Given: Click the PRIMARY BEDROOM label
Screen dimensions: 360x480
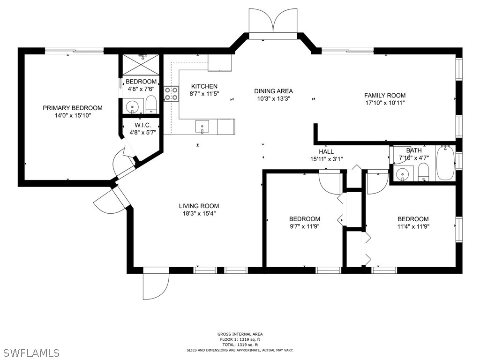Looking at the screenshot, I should click(x=72, y=108).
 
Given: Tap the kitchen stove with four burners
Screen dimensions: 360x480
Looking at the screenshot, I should click(x=171, y=94).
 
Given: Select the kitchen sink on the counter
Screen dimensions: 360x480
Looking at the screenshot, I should click(x=202, y=126).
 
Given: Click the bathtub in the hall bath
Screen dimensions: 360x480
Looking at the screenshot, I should click(x=445, y=163).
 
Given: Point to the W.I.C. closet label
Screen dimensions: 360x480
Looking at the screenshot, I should click(x=142, y=125).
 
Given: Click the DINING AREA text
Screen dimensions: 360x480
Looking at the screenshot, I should click(x=273, y=91).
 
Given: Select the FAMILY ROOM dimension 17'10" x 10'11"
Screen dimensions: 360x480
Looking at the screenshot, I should click(x=384, y=103).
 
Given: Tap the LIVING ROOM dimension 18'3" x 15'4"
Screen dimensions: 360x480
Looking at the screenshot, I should click(x=199, y=213).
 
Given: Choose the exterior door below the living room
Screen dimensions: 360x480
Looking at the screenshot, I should click(x=156, y=284).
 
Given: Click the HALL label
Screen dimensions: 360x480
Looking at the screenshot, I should click(x=326, y=151).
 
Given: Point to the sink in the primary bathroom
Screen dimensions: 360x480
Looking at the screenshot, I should click(x=133, y=106).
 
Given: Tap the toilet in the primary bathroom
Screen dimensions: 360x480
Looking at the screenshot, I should click(x=151, y=105).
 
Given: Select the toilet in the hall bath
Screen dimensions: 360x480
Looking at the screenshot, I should click(x=423, y=172).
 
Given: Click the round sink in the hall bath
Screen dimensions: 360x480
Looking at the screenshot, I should click(x=403, y=174).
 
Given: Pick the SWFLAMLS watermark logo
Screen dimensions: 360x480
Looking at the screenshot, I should click(x=31, y=352).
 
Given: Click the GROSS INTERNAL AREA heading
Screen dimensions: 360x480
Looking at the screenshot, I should click(x=240, y=334).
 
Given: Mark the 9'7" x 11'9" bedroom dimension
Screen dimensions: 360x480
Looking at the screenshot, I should click(x=305, y=226).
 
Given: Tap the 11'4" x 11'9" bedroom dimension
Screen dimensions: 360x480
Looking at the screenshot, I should click(x=413, y=226).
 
